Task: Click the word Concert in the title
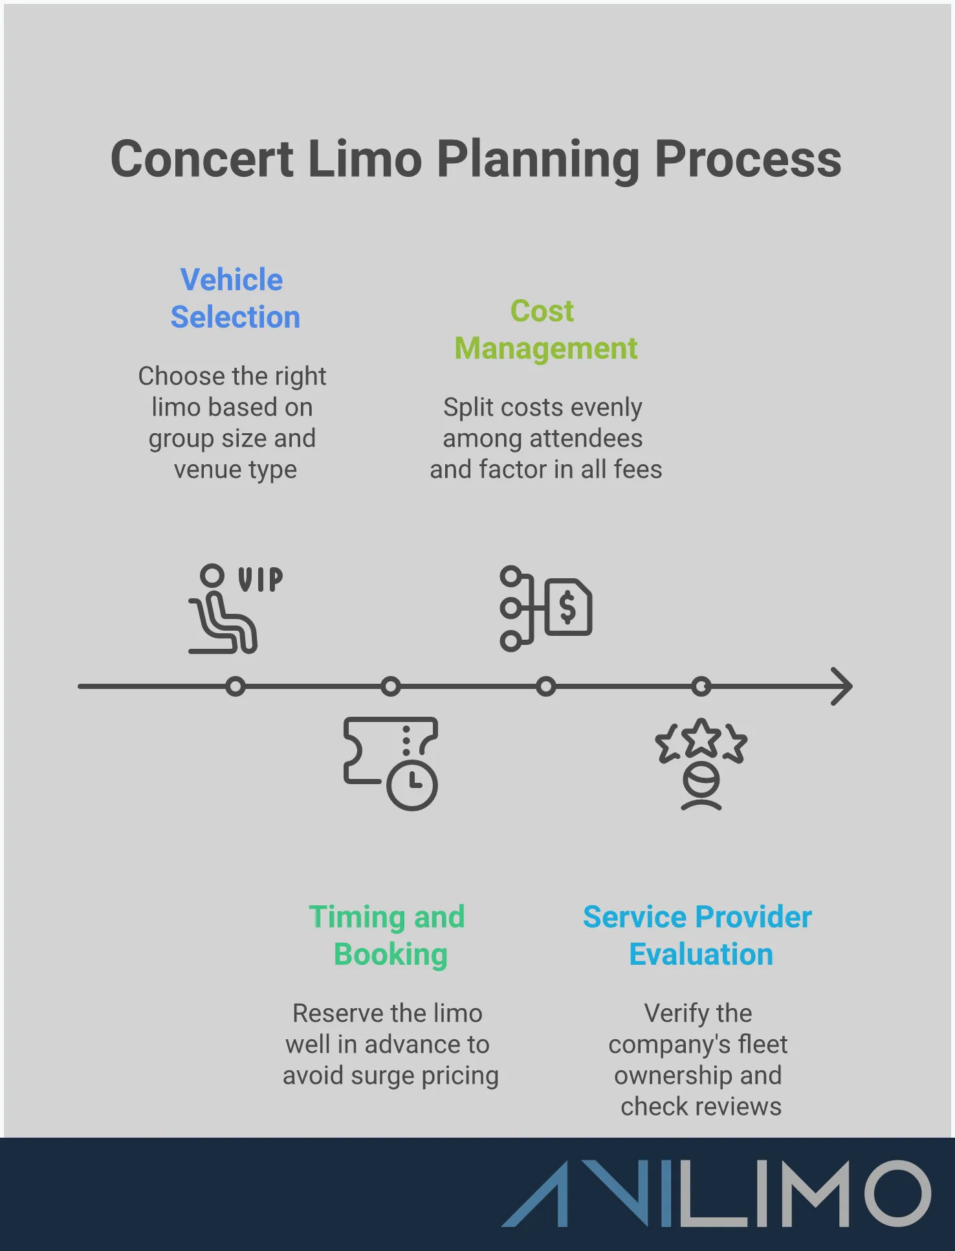point(202,160)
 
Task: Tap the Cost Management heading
point(545,330)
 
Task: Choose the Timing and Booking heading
point(388,936)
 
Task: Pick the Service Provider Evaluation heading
point(697,936)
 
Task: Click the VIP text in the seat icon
point(260,580)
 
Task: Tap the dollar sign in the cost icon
point(567,608)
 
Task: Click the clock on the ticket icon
point(412,785)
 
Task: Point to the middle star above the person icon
point(701,738)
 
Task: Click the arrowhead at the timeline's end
point(842,686)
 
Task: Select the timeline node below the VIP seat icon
point(236,686)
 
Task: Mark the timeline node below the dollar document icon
point(546,686)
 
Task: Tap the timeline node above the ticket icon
point(391,686)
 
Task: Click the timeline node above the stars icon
point(701,686)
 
